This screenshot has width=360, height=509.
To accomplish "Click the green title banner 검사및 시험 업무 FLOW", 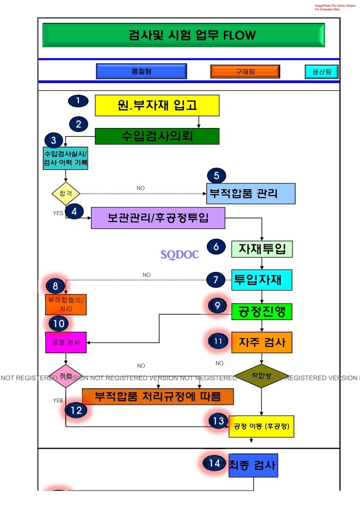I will [x=184, y=36].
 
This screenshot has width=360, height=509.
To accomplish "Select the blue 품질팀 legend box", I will [x=142, y=72].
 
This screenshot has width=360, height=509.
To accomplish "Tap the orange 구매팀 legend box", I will [x=245, y=72].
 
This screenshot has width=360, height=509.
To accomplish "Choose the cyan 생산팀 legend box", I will [x=322, y=72].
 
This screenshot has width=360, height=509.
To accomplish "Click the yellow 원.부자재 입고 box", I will [x=157, y=105].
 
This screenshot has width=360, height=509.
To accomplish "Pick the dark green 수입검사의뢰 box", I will [x=157, y=136].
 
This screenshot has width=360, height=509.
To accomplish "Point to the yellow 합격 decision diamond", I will [x=65, y=193].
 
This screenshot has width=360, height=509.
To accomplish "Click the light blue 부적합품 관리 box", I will [x=251, y=193].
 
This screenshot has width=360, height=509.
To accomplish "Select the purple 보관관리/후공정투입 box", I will [x=158, y=218].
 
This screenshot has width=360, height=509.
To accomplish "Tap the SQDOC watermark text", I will [x=180, y=254].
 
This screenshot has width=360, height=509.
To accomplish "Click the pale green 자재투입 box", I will [x=262, y=249].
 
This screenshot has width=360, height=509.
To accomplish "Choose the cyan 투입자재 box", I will [x=262, y=280].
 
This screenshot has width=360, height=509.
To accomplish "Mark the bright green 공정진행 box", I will [x=262, y=310].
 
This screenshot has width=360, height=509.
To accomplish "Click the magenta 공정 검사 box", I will [x=65, y=342].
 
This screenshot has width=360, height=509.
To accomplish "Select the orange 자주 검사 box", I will [x=262, y=342].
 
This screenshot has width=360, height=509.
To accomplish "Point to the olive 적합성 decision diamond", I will [x=262, y=376].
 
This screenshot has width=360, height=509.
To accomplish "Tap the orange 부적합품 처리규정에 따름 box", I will [x=158, y=397].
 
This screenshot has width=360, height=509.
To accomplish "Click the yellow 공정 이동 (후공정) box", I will [x=262, y=427].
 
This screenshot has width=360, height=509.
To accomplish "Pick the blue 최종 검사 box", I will [x=253, y=465].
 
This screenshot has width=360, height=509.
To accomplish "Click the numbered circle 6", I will [x=216, y=246].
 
